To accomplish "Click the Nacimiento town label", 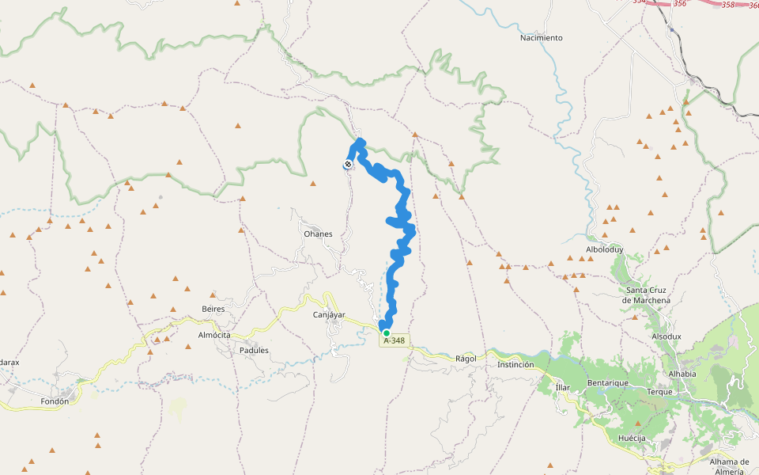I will pos(542,38).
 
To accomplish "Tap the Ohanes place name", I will pos(318,234).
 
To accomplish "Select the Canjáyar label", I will pos(329,315).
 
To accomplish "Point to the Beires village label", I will pos(213,309).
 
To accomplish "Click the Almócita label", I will pos(213,336).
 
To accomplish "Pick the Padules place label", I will pos(254,350).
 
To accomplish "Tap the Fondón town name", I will pos(55,401).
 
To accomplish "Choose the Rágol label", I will pos(466,359).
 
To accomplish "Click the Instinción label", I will pos(515,365).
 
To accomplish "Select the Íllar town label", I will pos(562,387).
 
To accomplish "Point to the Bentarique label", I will pos(607,382).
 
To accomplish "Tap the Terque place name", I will pos(659,392).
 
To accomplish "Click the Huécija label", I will pos(632,438).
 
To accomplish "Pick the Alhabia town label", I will pos(682,374).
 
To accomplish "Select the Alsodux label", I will pos(666,336).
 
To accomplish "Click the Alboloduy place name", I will pos(605,249).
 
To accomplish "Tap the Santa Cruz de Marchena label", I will pos(646,295).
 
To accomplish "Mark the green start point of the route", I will pos(386,333).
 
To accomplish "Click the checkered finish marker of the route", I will pos(348,165).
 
